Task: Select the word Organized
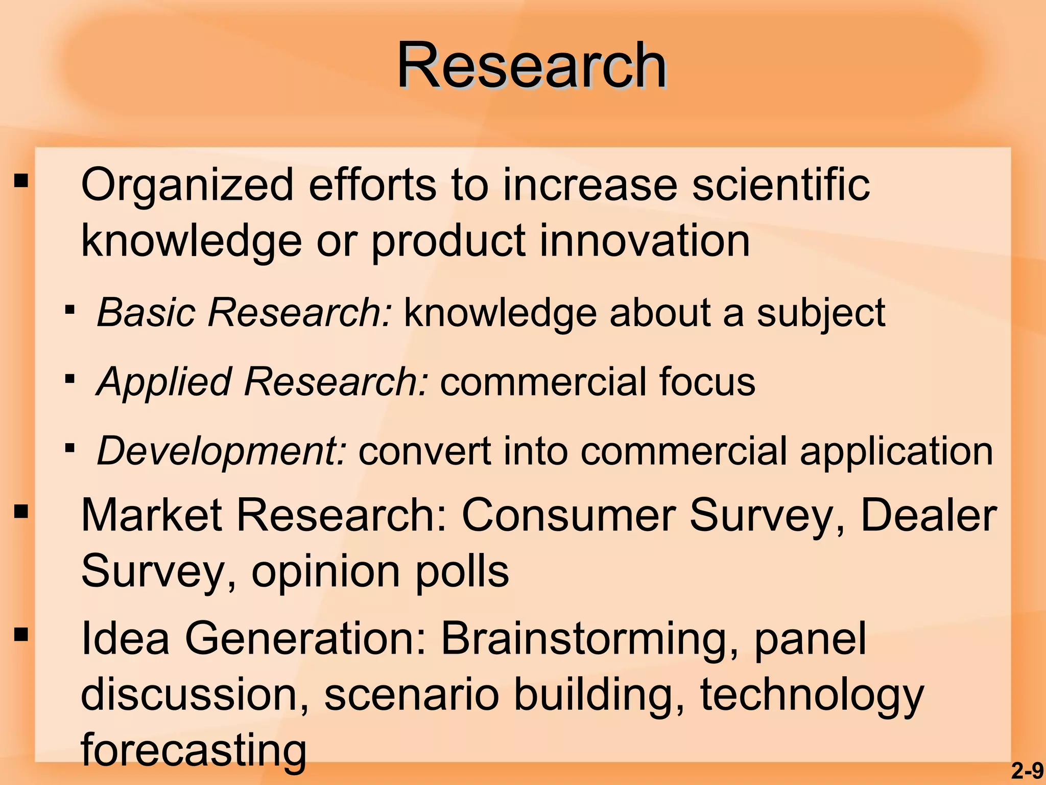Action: (x=187, y=185)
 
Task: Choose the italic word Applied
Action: (x=164, y=382)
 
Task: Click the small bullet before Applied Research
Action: (x=70, y=379)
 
